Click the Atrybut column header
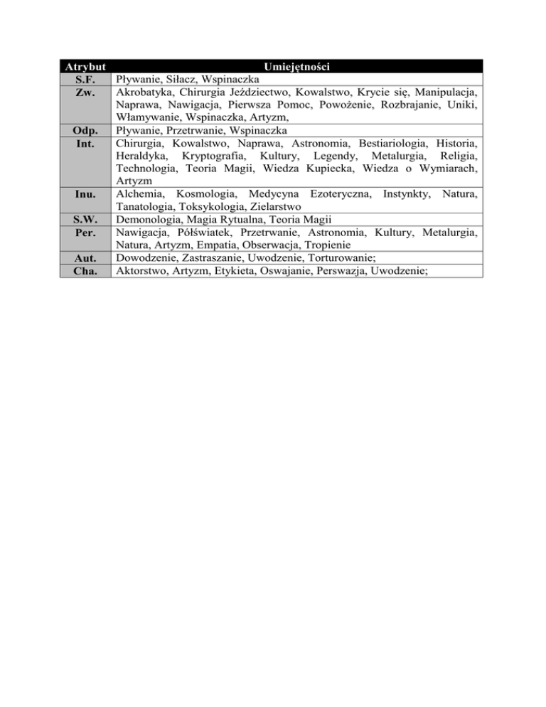[x=85, y=67]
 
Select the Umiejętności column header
[x=299, y=67]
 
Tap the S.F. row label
[x=85, y=80]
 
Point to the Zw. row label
[x=85, y=92]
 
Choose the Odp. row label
[x=85, y=131]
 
